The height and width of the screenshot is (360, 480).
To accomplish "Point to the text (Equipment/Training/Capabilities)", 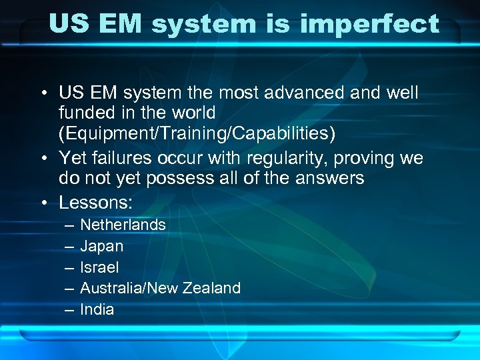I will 197,133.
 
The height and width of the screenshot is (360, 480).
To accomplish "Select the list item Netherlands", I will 123,225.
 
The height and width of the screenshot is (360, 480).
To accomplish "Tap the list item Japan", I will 101,246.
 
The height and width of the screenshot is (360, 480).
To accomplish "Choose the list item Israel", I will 99,267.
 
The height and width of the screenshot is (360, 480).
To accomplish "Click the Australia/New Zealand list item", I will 160,288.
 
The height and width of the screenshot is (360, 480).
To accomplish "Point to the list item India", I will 97,309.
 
